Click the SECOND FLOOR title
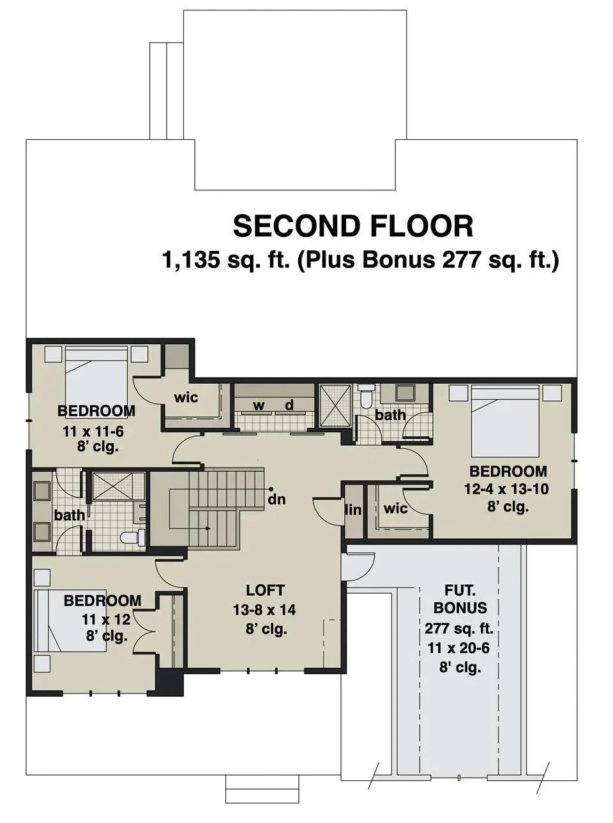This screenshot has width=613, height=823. point(352,227)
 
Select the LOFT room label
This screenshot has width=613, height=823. point(265,591)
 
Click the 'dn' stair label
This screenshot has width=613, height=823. point(276,499)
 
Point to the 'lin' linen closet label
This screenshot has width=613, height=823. point(353,510)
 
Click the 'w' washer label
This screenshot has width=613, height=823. point(259,405)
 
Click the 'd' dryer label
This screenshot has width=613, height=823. point(289,405)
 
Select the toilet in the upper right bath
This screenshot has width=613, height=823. point(367,396)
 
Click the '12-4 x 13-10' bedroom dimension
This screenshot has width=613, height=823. point(506,490)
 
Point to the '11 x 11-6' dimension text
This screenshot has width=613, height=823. point(93,432)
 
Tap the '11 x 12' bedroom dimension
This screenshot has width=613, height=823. point(106,619)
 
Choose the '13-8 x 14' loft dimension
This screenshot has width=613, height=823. point(264,610)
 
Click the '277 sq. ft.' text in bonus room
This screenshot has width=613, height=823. point(458,628)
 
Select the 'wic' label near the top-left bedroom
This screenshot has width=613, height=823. point(186,398)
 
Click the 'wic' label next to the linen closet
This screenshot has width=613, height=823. point(396,509)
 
